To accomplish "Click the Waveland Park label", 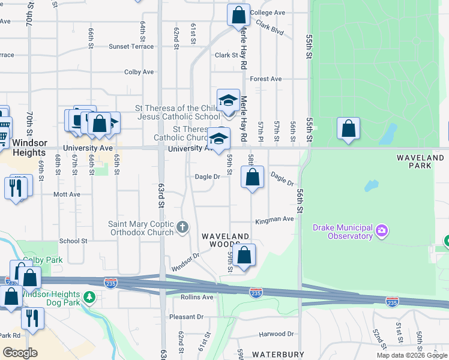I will pyautogui.click(x=420, y=157).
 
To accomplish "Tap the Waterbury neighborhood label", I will pyautogui.click(x=278, y=355).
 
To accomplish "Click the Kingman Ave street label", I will pyautogui.click(x=274, y=220).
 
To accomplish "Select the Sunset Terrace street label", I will pyautogui.click(x=131, y=46).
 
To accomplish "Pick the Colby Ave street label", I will pyautogui.click(x=139, y=72).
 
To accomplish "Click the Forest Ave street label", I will pyautogui.click(x=266, y=79).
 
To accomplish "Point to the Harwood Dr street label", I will pyautogui.click(x=277, y=334).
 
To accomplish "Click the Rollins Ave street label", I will pyautogui.click(x=197, y=297).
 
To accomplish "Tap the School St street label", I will pyautogui.click(x=73, y=241).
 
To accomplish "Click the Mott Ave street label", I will pyautogui.click(x=67, y=194).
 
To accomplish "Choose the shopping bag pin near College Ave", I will pyautogui.click(x=238, y=15).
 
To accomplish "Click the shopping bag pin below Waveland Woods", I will pyautogui.click(x=244, y=256).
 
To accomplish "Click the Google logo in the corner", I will pyautogui.click(x=20, y=353).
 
